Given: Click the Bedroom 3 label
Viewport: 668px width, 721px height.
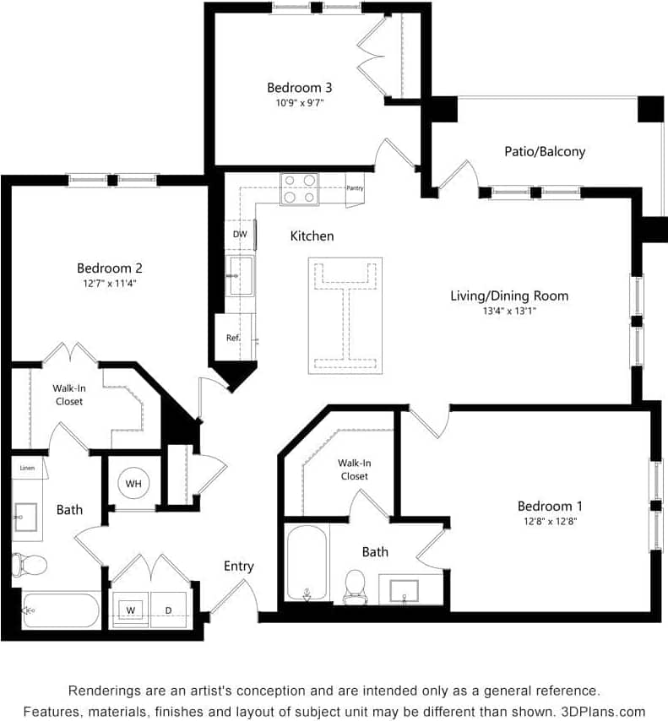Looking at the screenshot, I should pyautogui.click(x=299, y=88).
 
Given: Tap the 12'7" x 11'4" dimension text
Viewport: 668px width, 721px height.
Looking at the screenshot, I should pyautogui.click(x=110, y=284).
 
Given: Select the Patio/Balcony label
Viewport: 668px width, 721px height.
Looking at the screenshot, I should pyautogui.click(x=545, y=152).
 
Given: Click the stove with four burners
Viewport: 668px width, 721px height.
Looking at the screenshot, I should pyautogui.click(x=299, y=189).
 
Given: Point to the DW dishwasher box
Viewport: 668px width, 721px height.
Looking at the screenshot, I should pyautogui.click(x=240, y=235).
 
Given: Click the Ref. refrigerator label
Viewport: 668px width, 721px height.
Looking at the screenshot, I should pyautogui.click(x=234, y=338).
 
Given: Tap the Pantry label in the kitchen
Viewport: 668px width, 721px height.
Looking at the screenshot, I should pyautogui.click(x=355, y=188).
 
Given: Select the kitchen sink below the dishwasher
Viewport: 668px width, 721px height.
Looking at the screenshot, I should pyautogui.click(x=241, y=276).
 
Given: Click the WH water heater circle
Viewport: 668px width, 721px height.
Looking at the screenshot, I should pyautogui.click(x=133, y=484).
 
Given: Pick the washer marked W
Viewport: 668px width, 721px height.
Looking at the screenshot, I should pyautogui.click(x=132, y=609).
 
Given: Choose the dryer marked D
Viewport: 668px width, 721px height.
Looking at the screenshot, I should pyautogui.click(x=168, y=609).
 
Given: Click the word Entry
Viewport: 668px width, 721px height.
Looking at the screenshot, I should pyautogui.click(x=238, y=566).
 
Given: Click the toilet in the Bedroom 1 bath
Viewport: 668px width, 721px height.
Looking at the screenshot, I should pyautogui.click(x=355, y=583).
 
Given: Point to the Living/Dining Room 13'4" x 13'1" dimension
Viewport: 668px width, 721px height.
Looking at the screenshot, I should pyautogui.click(x=508, y=311).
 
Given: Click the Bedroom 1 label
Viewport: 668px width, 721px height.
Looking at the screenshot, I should pyautogui.click(x=550, y=506).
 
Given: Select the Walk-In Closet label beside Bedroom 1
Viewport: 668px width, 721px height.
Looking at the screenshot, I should pyautogui.click(x=353, y=469).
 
